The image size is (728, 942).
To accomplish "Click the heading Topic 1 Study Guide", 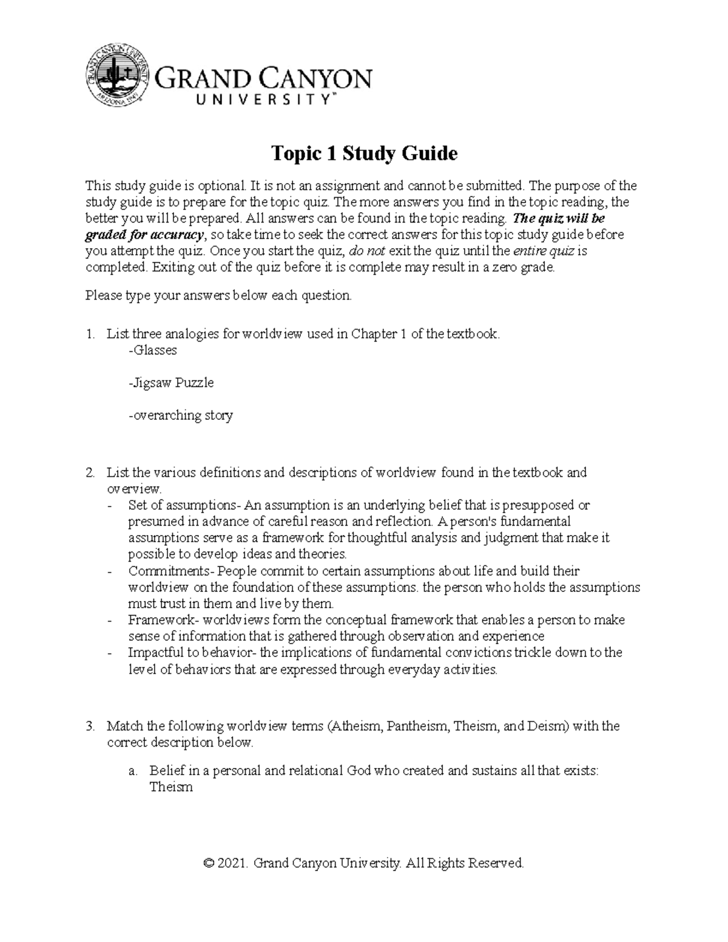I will [363, 153].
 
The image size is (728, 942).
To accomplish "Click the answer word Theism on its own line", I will [170, 787].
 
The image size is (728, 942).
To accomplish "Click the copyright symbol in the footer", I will [209, 863].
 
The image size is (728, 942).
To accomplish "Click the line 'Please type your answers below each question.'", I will [218, 295].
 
